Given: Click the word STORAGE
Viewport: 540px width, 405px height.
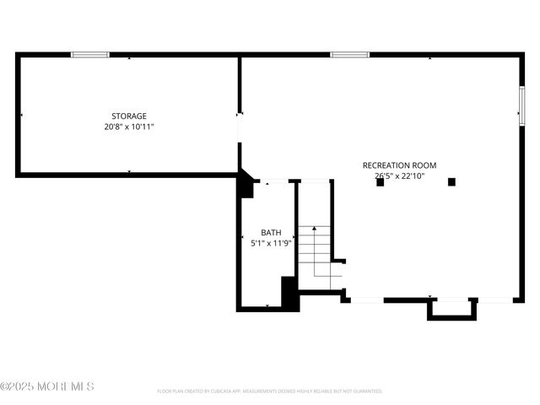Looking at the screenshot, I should (129, 116).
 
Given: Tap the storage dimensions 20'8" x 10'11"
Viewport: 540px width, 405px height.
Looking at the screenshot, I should (129, 127).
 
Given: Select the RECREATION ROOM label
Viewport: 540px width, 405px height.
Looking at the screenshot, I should (399, 165).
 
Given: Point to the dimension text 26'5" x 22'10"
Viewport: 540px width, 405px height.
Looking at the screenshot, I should (399, 176).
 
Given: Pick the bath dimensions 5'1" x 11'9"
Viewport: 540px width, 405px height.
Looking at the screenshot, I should (271, 243).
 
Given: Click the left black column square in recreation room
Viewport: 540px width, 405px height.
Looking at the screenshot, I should (381, 182).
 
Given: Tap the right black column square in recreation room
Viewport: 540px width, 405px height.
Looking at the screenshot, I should (451, 181).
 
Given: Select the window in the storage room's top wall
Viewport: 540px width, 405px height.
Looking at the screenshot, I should (90, 55).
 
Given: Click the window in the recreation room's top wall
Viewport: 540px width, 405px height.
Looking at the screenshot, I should (349, 55).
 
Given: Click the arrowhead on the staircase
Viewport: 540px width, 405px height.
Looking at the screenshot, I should (314, 229).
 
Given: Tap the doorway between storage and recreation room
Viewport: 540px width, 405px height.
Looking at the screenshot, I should (240, 127).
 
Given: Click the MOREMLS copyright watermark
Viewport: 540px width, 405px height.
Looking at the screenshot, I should (47, 386).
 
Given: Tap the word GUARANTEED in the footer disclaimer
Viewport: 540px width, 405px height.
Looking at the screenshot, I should (367, 391).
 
